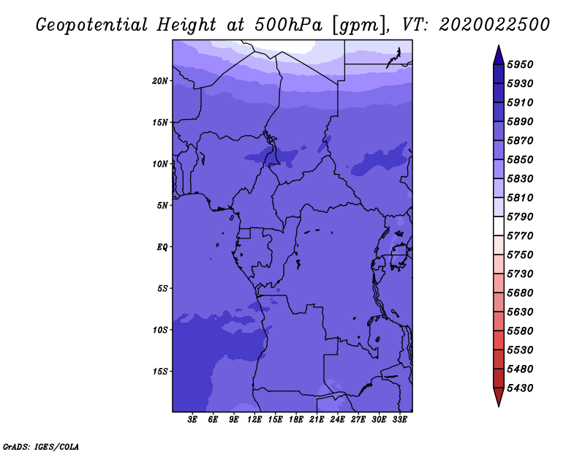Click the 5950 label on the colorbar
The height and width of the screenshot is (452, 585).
click(x=520, y=64)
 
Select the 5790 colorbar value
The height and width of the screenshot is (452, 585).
click(x=520, y=216)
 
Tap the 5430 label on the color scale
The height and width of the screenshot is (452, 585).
click(x=520, y=388)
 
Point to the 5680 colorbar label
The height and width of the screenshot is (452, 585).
click(x=520, y=293)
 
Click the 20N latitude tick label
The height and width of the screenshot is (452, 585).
click(x=160, y=81)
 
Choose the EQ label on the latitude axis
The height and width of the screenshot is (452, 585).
click(x=162, y=247)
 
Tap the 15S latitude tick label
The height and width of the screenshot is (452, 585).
click(x=160, y=372)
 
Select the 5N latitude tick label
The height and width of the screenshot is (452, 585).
click(x=162, y=206)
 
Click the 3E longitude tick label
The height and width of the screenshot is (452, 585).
click(x=192, y=420)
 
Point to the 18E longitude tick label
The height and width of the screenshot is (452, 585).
click(x=296, y=420)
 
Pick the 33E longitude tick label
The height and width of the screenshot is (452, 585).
click(x=399, y=420)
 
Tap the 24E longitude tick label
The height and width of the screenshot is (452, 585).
click(x=337, y=420)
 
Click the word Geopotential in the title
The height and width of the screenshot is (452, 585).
click(x=92, y=26)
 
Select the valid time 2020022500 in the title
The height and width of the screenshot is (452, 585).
click(x=494, y=25)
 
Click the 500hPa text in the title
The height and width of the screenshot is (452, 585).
click(x=288, y=25)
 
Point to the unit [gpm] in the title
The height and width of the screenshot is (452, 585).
click(x=360, y=26)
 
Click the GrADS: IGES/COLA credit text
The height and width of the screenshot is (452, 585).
click(x=41, y=447)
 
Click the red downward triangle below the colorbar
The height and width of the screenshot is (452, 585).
click(x=499, y=396)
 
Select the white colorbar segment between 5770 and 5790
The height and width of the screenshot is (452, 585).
click(x=499, y=226)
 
